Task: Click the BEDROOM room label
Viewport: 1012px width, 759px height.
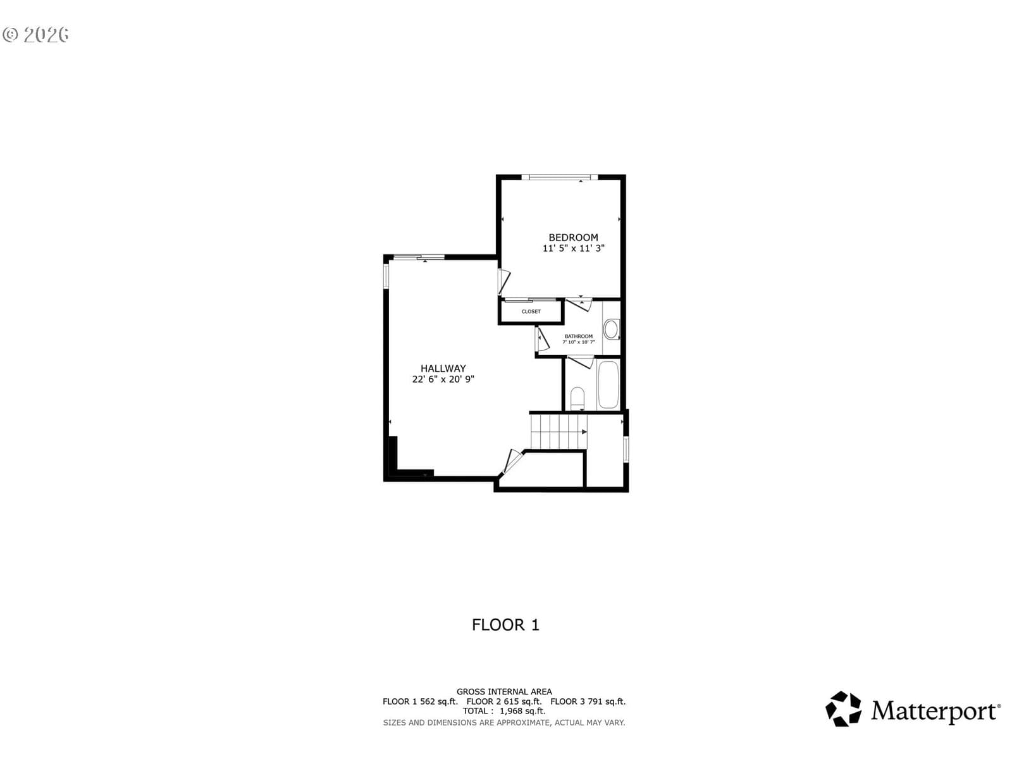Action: [x=573, y=237]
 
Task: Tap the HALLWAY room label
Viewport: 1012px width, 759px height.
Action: [x=443, y=368]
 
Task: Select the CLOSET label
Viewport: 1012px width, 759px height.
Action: [x=531, y=312]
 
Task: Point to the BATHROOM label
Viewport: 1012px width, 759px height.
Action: [x=579, y=336]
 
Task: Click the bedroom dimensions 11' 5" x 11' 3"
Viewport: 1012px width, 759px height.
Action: [x=573, y=249]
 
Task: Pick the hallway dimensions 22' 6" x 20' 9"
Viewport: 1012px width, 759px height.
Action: [x=443, y=379]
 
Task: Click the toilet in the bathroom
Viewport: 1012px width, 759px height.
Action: [x=577, y=398]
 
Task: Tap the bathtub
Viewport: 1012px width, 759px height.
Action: [x=608, y=385]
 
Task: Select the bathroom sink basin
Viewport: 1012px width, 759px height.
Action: [x=611, y=330]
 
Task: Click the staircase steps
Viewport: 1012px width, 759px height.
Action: [x=558, y=431]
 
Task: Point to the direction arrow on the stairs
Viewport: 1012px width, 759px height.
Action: [x=584, y=432]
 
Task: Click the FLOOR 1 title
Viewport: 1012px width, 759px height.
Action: [x=505, y=625]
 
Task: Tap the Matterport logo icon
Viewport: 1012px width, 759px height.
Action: [x=843, y=709]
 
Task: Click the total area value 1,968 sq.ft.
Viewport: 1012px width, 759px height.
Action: [x=522, y=711]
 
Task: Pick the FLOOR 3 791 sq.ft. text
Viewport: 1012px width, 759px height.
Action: [x=588, y=702]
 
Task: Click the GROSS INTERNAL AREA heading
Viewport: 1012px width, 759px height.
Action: [x=504, y=692]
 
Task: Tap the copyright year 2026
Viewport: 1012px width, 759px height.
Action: [x=46, y=35]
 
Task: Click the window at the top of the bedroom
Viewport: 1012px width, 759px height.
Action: [x=559, y=177]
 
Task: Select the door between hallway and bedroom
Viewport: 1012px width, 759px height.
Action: [x=503, y=281]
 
